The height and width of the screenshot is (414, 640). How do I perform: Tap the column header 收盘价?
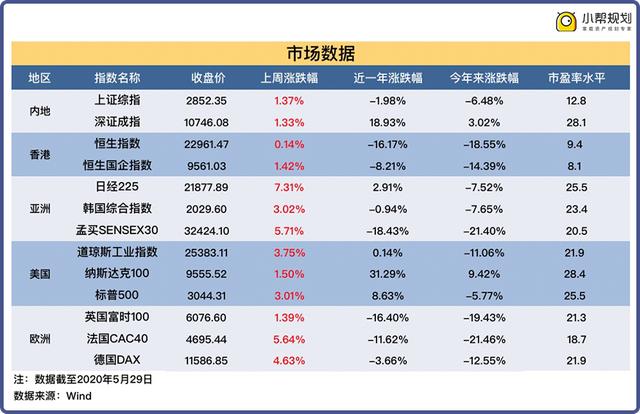tap(206, 78)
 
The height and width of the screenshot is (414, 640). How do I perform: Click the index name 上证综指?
tap(116, 100)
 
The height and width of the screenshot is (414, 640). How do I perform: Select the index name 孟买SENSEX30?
tap(116, 230)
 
